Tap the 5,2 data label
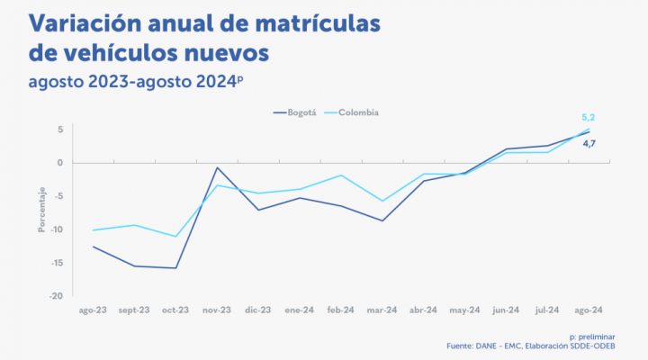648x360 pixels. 589,118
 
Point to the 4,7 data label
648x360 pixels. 589,143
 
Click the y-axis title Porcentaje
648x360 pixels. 41,212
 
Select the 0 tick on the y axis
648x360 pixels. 58,163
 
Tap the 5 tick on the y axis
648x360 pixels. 58,130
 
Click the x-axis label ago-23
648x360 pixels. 93,310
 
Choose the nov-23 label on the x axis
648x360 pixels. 217,310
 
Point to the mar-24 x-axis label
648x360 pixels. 382,310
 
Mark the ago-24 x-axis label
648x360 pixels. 589,310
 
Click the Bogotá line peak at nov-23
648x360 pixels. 217,167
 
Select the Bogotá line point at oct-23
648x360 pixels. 175,267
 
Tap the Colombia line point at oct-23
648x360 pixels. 175,237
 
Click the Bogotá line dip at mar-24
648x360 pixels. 382,220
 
